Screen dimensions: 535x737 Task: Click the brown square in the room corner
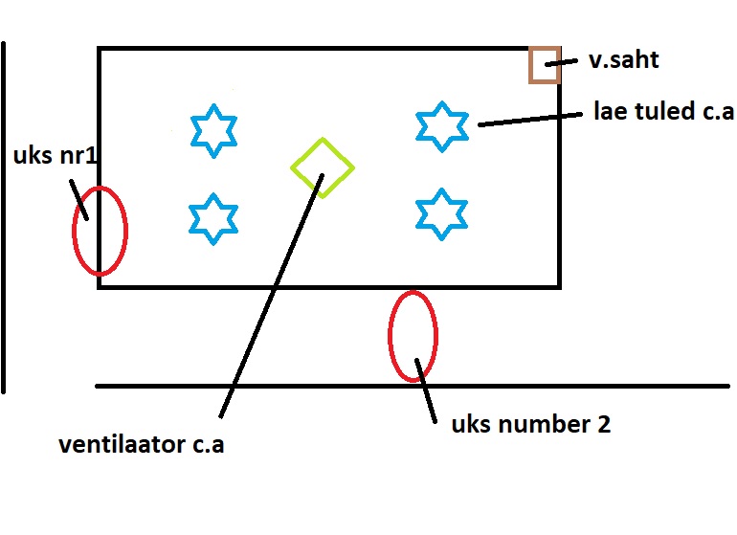tap(545, 65)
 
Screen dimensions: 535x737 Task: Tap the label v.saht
tap(624, 61)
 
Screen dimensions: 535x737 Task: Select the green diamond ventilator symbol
tap(323, 167)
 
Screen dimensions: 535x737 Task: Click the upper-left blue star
tap(212, 129)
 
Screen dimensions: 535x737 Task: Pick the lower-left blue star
tap(212, 218)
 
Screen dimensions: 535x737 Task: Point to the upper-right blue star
tap(442, 126)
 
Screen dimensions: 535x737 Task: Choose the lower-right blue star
tap(441, 213)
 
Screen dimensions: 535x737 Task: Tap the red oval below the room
tap(413, 335)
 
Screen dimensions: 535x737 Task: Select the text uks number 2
tap(530, 424)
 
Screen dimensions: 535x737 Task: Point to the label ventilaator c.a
tap(141, 445)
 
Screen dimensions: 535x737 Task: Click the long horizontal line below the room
tap(574, 386)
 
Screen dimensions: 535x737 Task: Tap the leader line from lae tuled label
tap(530, 118)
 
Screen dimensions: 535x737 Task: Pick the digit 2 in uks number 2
tap(603, 424)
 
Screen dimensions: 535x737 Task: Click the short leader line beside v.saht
tap(562, 63)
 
